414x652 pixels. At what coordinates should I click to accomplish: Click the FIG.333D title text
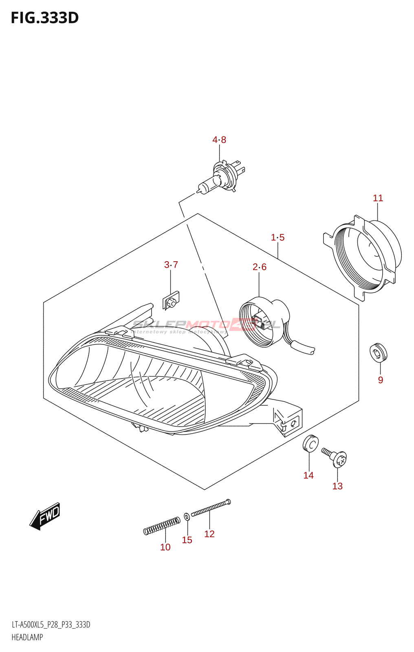pyautogui.click(x=44, y=18)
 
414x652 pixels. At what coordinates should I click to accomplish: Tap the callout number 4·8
pyautogui.click(x=219, y=140)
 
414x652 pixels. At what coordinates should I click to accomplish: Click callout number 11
pyautogui.click(x=378, y=198)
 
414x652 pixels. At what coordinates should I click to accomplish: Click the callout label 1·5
pyautogui.click(x=277, y=237)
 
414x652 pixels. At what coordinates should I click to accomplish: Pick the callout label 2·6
pyautogui.click(x=259, y=267)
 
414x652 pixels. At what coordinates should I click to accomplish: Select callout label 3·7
pyautogui.click(x=171, y=264)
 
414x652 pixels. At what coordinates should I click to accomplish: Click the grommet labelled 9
pyautogui.click(x=378, y=352)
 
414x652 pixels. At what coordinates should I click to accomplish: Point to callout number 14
pyautogui.click(x=308, y=475)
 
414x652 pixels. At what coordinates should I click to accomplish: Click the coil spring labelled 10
pyautogui.click(x=162, y=526)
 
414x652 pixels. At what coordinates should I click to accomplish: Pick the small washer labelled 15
pyautogui.click(x=187, y=517)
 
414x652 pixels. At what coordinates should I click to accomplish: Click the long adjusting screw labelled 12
pyautogui.click(x=210, y=508)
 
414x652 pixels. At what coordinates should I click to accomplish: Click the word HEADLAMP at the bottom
pyautogui.click(x=27, y=637)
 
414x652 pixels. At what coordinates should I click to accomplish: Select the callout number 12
pyautogui.click(x=209, y=534)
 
